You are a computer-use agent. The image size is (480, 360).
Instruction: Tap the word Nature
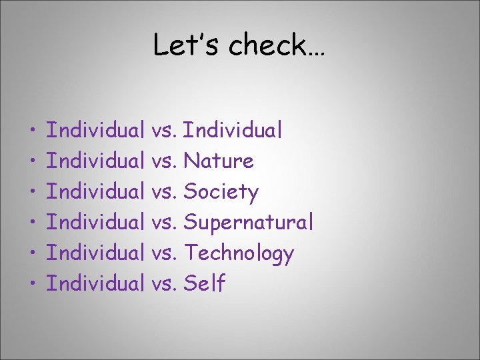pos(219,161)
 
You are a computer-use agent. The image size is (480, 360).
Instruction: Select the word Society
pos(221,192)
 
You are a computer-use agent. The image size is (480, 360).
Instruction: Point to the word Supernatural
pos(248,223)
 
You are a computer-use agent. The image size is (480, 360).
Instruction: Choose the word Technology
pos(238,253)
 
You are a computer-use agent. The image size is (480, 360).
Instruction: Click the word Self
pos(204,284)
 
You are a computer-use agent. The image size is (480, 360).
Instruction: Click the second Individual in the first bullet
pos(233,130)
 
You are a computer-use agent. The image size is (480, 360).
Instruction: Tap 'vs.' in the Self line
pos(165,285)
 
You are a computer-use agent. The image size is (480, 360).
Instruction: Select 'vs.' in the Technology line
pos(165,254)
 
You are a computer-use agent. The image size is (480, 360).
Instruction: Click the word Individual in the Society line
pos(96,192)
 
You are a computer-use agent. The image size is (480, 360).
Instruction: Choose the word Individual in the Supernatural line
pos(96,223)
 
